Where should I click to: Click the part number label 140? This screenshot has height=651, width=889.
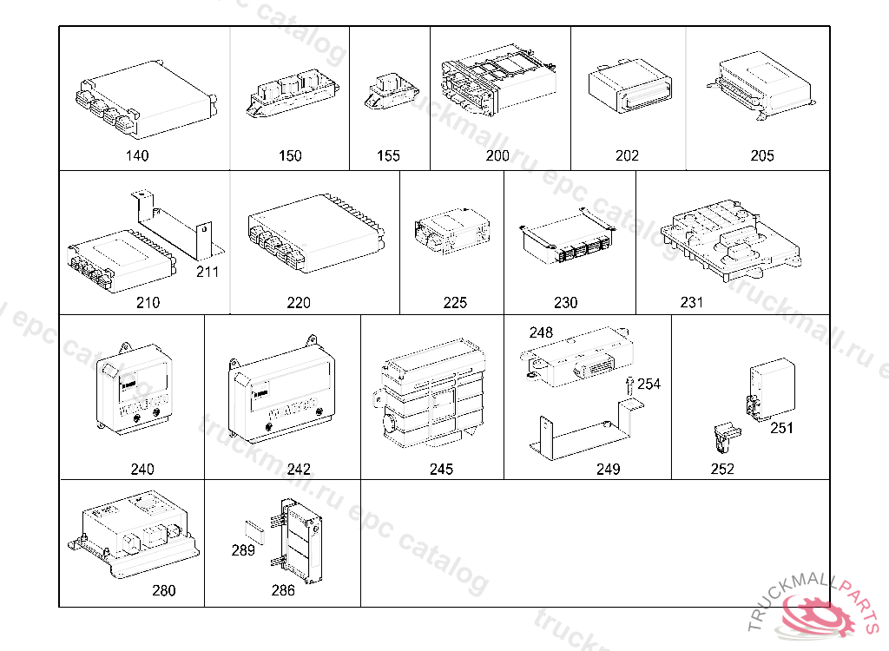136,156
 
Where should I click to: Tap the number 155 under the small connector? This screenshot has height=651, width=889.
388,156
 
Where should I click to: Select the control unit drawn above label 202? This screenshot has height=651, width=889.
626,88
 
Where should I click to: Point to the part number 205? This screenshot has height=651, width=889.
762,156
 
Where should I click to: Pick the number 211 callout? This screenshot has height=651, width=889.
207,272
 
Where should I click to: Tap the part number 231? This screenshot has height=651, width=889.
691,303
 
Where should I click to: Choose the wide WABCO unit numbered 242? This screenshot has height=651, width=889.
282,391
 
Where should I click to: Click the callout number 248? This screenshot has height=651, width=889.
541,333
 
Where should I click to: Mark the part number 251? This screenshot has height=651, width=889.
781,428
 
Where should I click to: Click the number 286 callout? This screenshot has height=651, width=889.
283,590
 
